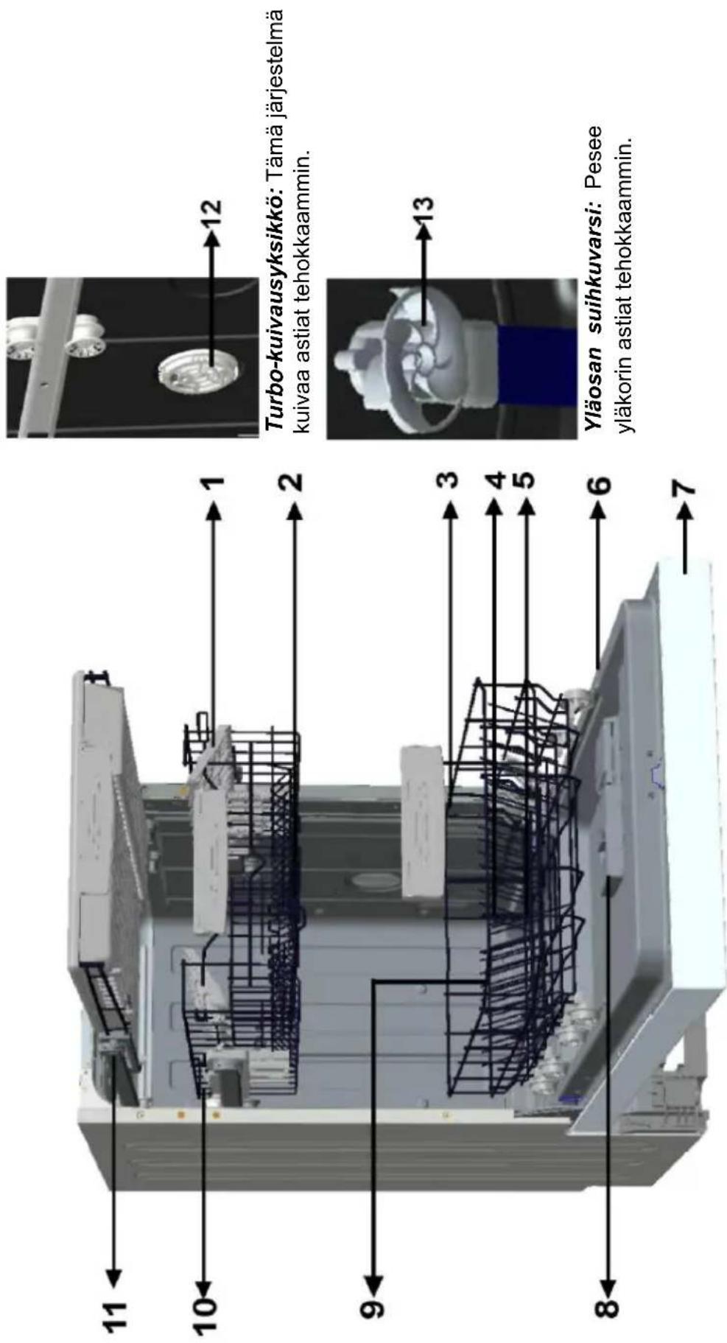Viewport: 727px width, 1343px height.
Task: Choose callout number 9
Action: click(373, 1308)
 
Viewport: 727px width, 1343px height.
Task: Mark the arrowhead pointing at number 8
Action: click(608, 1278)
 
